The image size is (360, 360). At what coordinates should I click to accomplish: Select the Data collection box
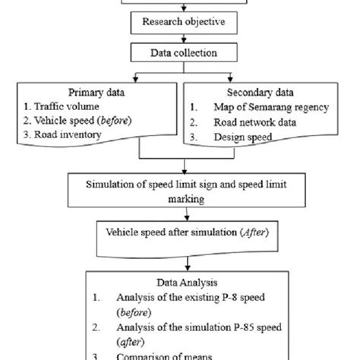pos(180,52)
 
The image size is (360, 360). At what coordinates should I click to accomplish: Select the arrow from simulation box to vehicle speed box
pos(180,213)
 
